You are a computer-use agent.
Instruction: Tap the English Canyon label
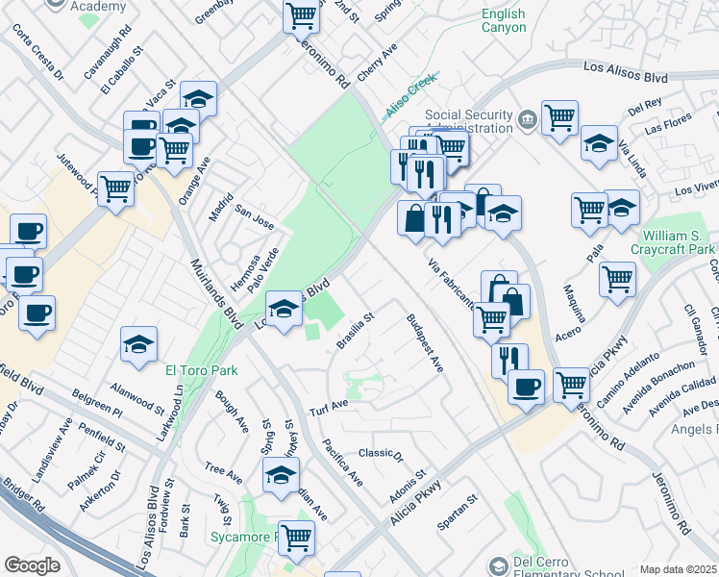[504, 21]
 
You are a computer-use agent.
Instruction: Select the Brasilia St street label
[355, 327]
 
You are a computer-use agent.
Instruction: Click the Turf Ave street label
[328, 408]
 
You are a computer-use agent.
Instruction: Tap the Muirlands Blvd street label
[213, 291]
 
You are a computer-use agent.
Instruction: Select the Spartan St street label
[457, 514]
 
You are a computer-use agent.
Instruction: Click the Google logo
[32, 565]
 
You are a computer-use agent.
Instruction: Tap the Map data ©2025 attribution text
[678, 569]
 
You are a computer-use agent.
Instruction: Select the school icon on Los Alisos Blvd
[284, 309]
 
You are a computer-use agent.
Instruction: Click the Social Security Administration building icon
[528, 121]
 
